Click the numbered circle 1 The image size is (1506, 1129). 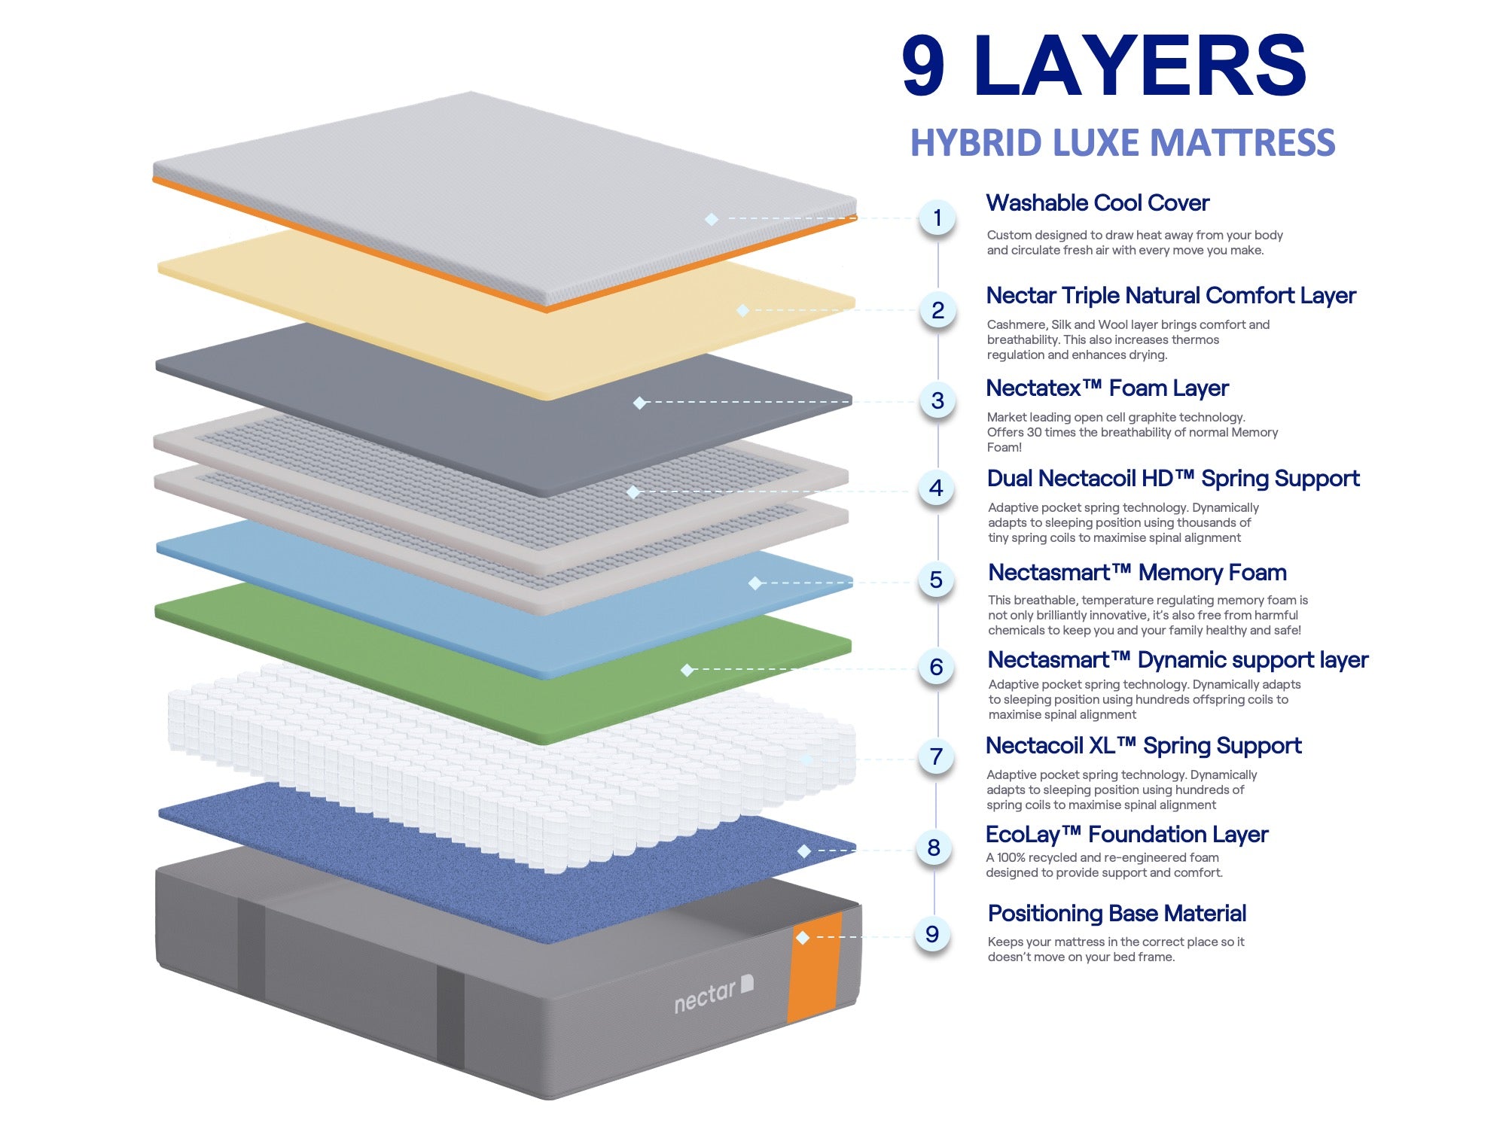(x=937, y=218)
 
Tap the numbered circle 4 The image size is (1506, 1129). (x=936, y=488)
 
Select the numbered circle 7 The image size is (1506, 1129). (x=936, y=756)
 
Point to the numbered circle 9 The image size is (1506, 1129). (x=932, y=934)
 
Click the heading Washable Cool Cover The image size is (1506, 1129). (x=1097, y=203)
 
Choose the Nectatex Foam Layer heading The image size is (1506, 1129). (x=1107, y=388)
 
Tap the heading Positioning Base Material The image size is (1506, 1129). (x=1117, y=914)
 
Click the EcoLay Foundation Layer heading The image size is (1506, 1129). (x=1126, y=835)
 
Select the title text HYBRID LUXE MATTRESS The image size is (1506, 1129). (x=1122, y=143)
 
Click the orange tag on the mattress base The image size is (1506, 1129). (x=815, y=967)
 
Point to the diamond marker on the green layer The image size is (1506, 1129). (x=687, y=669)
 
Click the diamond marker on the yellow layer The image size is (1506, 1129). (x=742, y=310)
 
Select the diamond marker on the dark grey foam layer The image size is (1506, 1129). (x=639, y=403)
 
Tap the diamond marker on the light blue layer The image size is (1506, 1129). (x=755, y=583)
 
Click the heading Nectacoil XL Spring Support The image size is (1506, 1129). (x=1143, y=746)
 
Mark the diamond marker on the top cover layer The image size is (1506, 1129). (x=712, y=219)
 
